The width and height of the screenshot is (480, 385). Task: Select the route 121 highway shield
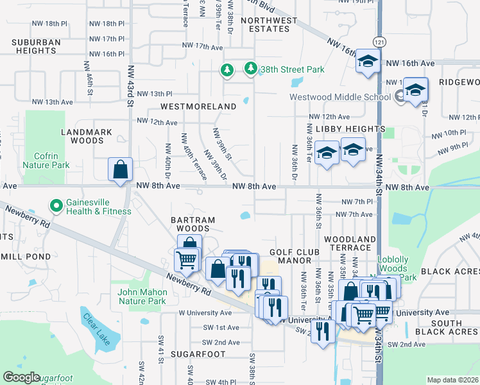tap(380, 42)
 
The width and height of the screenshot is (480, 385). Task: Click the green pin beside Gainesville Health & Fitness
tap(56, 207)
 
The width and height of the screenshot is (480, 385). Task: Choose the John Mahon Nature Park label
tap(142, 296)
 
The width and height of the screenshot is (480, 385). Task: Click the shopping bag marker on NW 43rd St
tap(120, 170)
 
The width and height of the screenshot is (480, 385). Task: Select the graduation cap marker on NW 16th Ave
tap(368, 62)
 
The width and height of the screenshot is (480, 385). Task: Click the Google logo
tap(21, 377)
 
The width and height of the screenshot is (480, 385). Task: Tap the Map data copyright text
tap(452, 380)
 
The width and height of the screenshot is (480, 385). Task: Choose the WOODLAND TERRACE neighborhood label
tap(350, 243)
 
